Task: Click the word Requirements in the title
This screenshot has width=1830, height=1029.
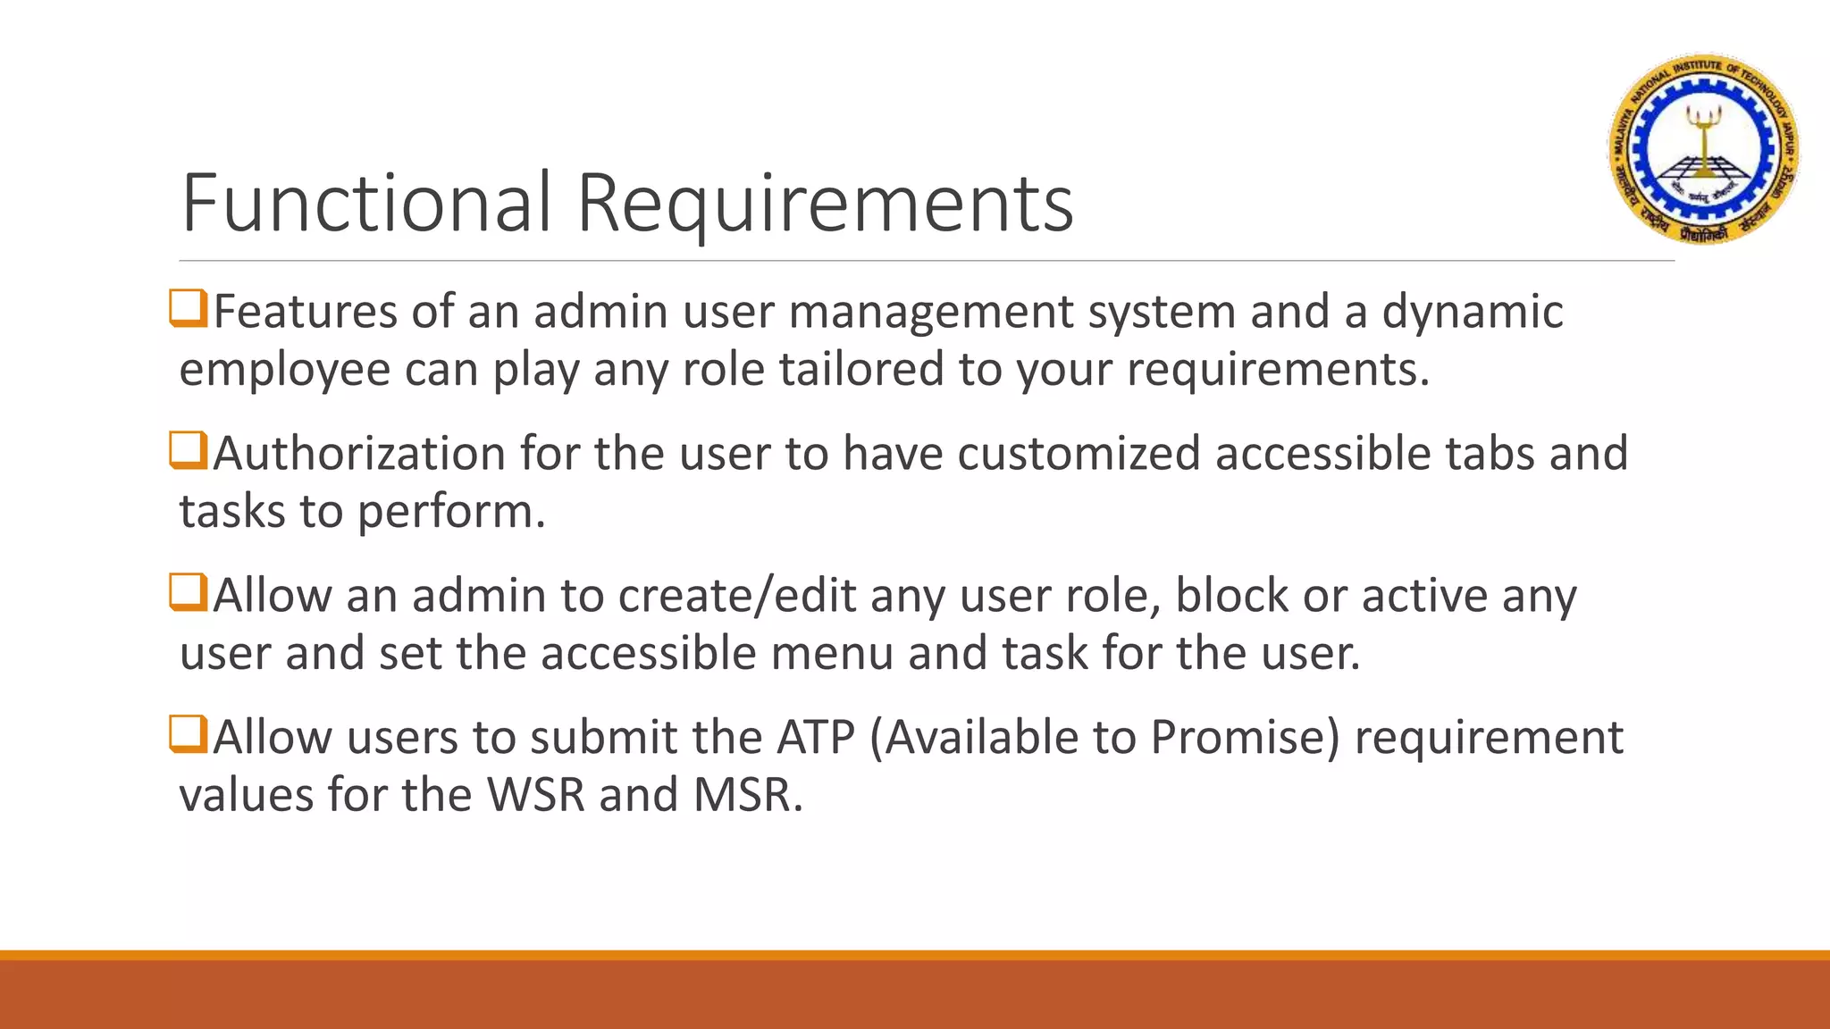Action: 824,205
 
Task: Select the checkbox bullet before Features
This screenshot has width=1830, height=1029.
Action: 189,309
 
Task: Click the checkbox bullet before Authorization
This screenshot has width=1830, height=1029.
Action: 189,450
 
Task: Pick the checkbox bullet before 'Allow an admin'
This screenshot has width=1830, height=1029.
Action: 189,592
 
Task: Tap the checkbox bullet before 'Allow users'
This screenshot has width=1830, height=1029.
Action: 189,734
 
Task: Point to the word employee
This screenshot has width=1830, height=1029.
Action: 284,371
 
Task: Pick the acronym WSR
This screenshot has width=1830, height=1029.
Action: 536,794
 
